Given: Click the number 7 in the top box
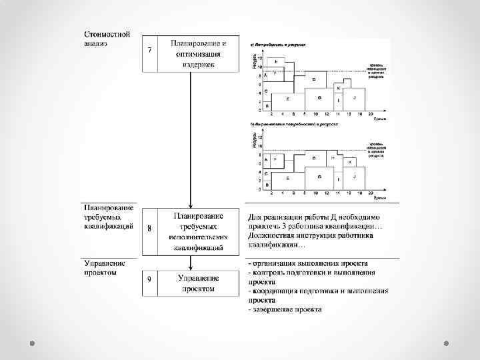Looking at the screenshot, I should pos(149,51).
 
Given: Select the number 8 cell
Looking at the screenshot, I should pos(149,228).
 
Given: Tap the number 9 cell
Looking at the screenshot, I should pos(149,278).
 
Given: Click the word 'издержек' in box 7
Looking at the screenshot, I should pos(199,65).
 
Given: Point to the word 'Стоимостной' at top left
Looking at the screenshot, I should pos(107,34).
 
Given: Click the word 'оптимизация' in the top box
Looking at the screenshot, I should pos(199,54).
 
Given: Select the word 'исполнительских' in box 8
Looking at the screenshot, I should pos(198,237).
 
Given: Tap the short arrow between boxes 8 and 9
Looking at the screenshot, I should pos(191,262).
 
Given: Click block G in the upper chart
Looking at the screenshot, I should pos(320,98).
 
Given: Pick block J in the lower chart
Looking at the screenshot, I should pos(355,177).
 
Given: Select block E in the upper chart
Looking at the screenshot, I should pos(288,99).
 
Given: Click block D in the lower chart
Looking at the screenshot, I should pos(314,159).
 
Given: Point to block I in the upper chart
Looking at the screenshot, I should pos(339,101).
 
